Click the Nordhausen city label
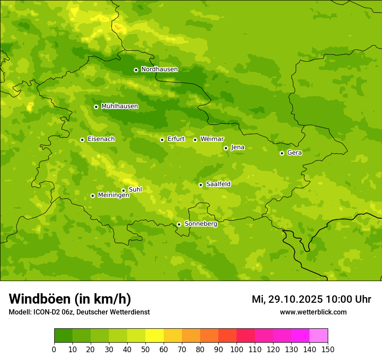[x=159, y=69]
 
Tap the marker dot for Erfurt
[x=162, y=140]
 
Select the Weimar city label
[x=212, y=139]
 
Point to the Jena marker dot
[x=226, y=148]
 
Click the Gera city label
[x=294, y=153]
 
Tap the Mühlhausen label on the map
[x=119, y=106]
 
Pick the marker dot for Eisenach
[x=82, y=140]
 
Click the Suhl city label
[x=135, y=190]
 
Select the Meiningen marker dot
[x=92, y=196]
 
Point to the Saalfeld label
[x=218, y=184]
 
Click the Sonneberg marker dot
[x=179, y=224]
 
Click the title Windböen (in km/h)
[x=69, y=299]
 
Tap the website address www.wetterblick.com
[x=313, y=312]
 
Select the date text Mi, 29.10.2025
[x=287, y=299]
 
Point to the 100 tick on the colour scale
[x=237, y=349]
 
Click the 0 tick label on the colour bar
[x=54, y=349]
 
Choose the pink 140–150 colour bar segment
[x=319, y=336]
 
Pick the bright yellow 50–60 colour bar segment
[x=155, y=336]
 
